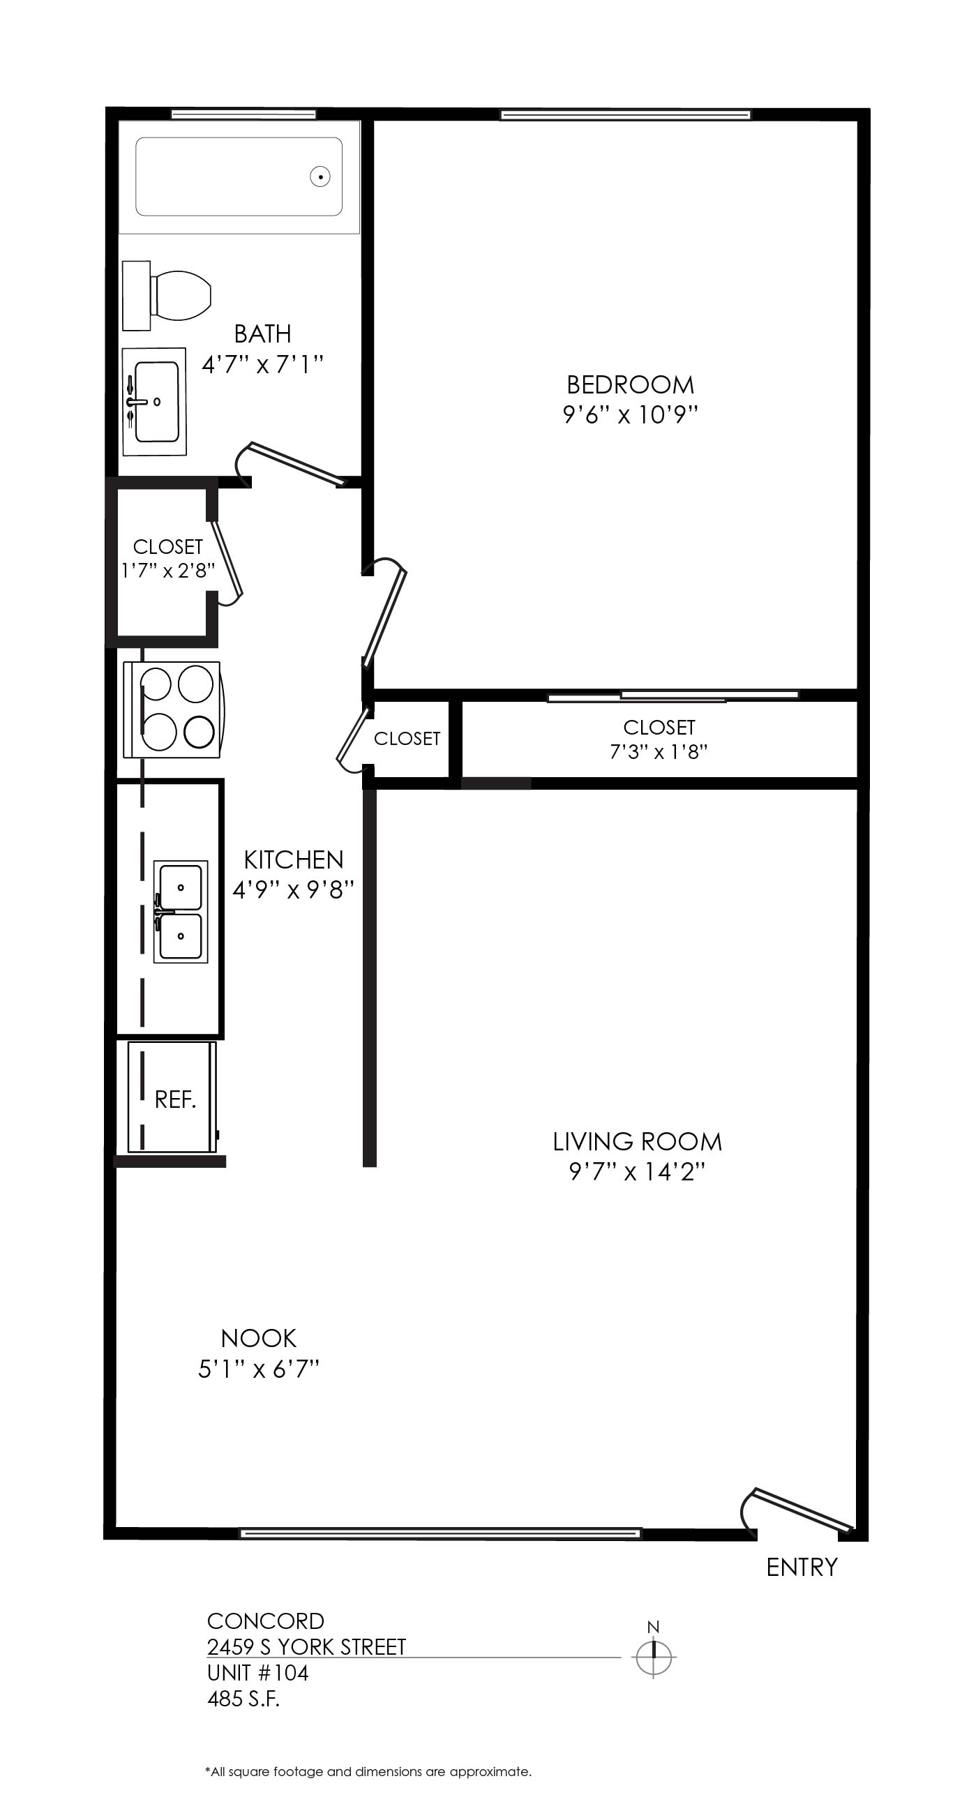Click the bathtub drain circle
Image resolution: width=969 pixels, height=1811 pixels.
coord(320,176)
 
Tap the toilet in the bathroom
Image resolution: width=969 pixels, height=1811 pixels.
coord(167,295)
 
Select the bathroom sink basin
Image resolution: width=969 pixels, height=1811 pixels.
coord(156,402)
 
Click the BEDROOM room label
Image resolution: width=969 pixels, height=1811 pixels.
coord(630,384)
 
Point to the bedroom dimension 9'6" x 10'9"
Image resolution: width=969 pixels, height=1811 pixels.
coord(630,415)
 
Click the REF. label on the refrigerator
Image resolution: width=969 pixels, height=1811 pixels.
coord(175,1099)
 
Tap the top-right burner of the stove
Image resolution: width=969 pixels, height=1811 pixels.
coord(195,684)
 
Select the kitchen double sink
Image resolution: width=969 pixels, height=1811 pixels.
coord(181,911)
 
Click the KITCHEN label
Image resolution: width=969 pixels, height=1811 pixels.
coord(293,859)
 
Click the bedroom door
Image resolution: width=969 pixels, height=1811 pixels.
coord(384,613)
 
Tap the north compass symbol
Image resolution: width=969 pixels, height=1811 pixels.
coord(653,1657)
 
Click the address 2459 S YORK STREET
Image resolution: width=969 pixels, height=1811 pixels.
coord(306,1647)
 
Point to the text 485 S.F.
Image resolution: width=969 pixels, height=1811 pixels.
coord(243,1699)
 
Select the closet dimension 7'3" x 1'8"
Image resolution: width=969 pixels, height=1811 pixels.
coord(658,751)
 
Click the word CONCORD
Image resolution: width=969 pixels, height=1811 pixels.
coord(265,1621)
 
